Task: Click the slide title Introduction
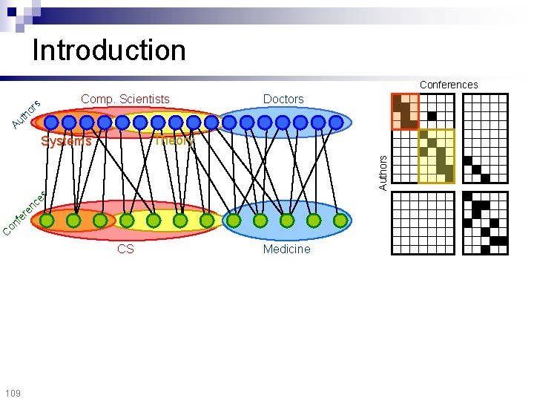[x=109, y=50]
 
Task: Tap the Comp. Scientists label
[x=125, y=99]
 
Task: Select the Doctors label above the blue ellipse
[x=283, y=99]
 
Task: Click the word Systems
[x=67, y=141]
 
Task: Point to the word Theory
[x=174, y=140]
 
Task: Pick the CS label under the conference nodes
[x=125, y=249]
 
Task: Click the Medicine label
[x=286, y=249]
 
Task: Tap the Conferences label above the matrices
[x=449, y=85]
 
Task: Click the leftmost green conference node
[x=47, y=221]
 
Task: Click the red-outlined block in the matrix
[x=405, y=111]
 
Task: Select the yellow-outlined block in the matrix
[x=436, y=156]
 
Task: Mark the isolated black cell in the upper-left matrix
[x=431, y=116]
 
